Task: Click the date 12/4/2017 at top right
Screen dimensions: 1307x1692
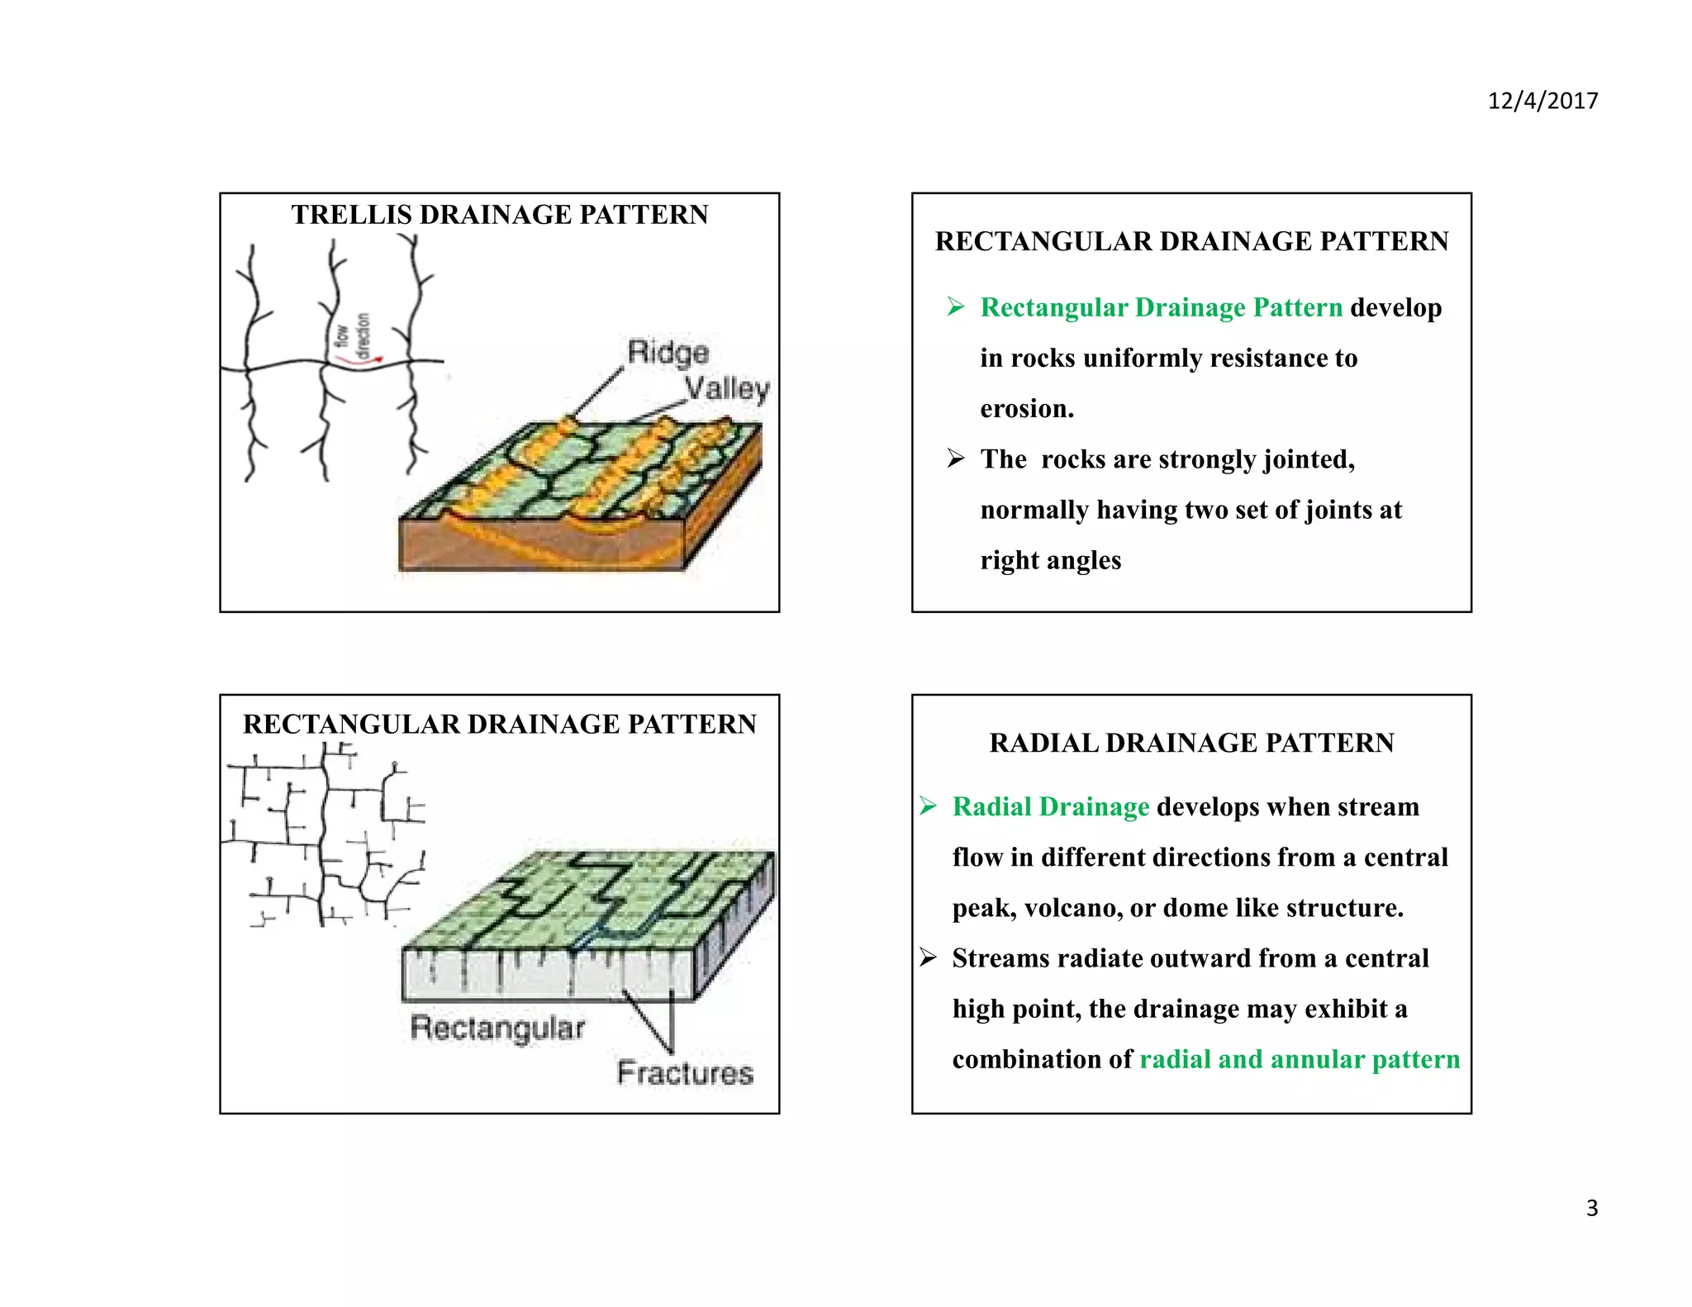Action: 1542,101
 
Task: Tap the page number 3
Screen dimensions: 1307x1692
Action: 1591,1208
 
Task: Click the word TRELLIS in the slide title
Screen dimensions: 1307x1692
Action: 351,215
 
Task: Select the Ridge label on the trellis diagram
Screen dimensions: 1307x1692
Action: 668,352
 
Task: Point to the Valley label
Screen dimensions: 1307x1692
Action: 727,388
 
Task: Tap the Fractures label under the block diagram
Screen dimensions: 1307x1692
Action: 685,1072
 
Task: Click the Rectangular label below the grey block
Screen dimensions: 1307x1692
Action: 497,1028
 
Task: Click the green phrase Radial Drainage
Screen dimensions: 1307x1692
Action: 1050,806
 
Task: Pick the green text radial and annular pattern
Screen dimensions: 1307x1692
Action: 1299,1059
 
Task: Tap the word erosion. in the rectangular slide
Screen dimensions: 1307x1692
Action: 1027,408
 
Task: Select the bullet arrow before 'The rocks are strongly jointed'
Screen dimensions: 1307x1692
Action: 956,459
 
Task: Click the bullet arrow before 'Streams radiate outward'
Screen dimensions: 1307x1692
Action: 928,958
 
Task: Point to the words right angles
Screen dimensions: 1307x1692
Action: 1050,560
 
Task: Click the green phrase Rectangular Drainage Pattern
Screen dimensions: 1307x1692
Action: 1161,307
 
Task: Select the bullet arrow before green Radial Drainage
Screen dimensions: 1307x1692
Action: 928,806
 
